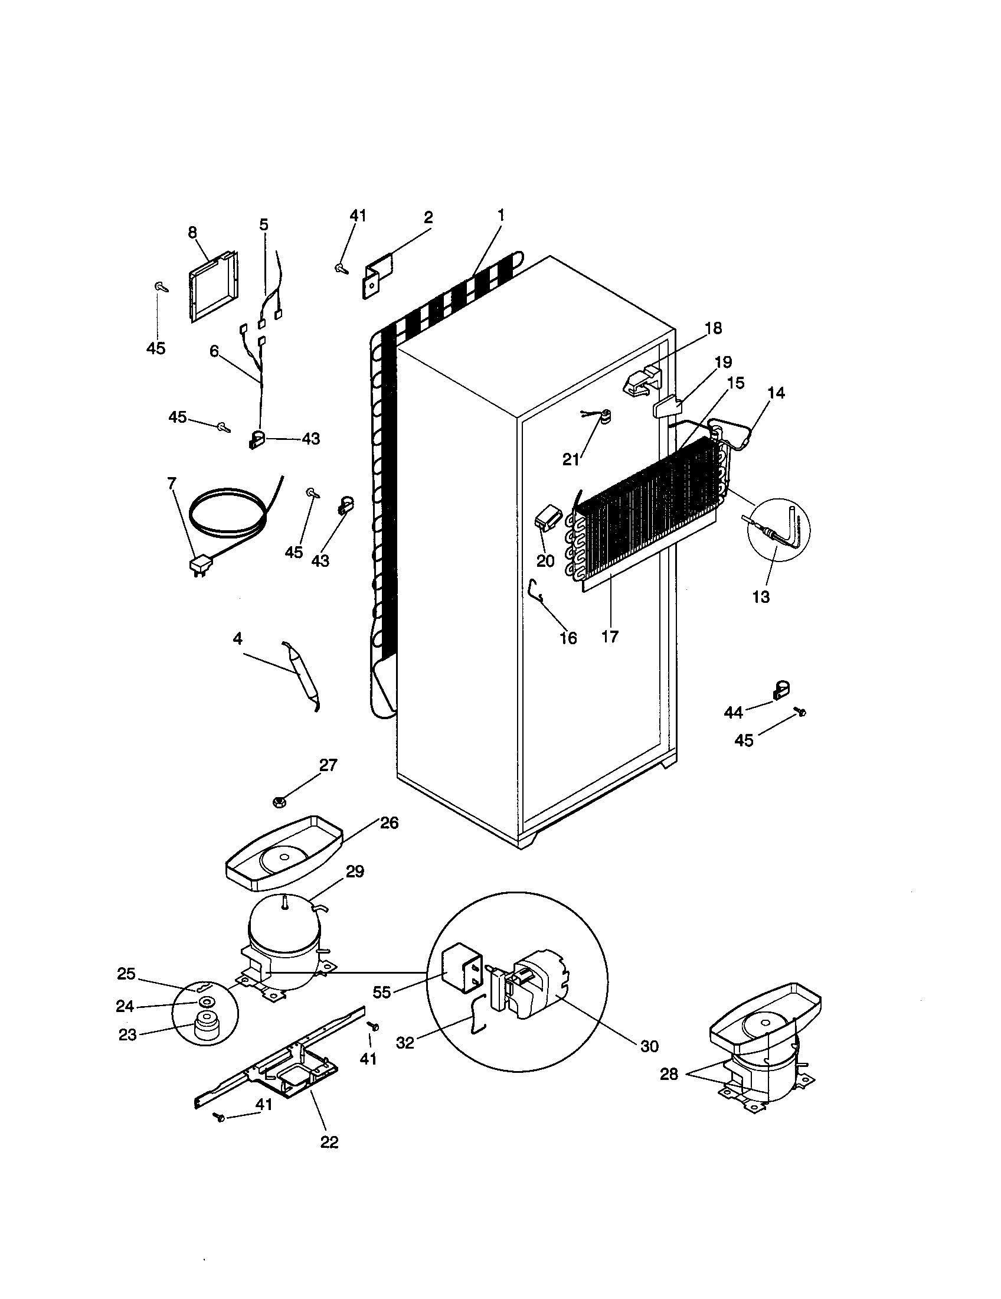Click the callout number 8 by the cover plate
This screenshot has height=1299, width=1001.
click(x=192, y=233)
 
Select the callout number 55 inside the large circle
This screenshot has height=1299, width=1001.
click(x=382, y=992)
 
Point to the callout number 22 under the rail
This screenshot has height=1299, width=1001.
click(x=329, y=1141)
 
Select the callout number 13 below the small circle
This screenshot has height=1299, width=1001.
click(x=761, y=596)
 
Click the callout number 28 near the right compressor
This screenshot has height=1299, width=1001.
click(x=669, y=1074)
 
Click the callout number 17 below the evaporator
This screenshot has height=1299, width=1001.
click(x=610, y=637)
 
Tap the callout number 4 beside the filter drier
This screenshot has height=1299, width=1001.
click(x=237, y=639)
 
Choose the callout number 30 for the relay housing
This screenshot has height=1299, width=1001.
click(x=649, y=1046)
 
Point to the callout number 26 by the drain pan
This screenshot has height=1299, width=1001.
click(x=389, y=823)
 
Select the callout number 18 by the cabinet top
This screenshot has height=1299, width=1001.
click(x=714, y=328)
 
